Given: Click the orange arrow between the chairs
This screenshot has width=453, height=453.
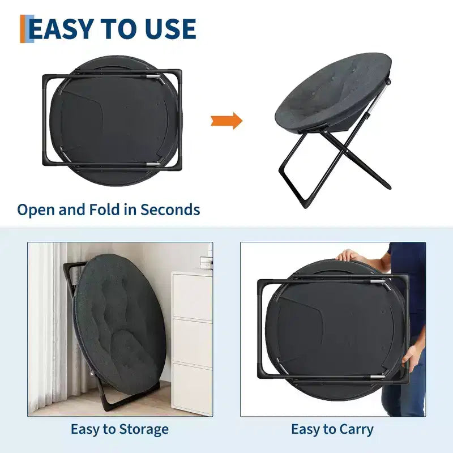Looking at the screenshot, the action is tap(227, 121).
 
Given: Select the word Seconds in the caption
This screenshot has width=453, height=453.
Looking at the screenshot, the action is tap(170, 210).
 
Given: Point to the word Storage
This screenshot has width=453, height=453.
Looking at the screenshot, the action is tap(144, 430).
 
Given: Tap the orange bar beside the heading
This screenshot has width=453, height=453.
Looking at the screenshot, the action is tap(23, 29).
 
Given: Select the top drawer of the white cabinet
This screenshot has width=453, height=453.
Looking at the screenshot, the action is tap(192, 296).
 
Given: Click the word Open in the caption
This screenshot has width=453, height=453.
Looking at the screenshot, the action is tap(36, 210).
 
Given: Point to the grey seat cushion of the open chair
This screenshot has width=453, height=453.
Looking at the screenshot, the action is tap(333, 92).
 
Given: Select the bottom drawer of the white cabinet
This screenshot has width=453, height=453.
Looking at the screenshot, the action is tap(192, 388).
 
